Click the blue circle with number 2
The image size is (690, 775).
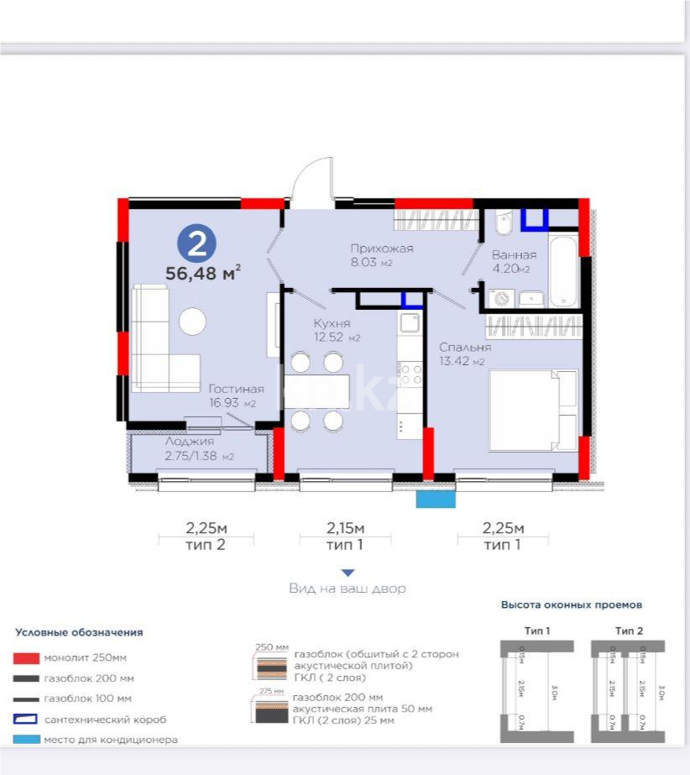[196, 243]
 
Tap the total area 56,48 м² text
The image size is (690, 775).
[203, 273]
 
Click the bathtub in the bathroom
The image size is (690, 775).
[562, 270]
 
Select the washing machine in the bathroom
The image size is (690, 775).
[502, 298]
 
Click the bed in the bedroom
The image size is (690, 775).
[533, 410]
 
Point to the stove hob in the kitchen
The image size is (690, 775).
[410, 372]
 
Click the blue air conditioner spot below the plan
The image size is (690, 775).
[436, 499]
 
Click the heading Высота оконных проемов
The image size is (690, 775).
[572, 605]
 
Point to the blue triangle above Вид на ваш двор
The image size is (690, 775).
[348, 573]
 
